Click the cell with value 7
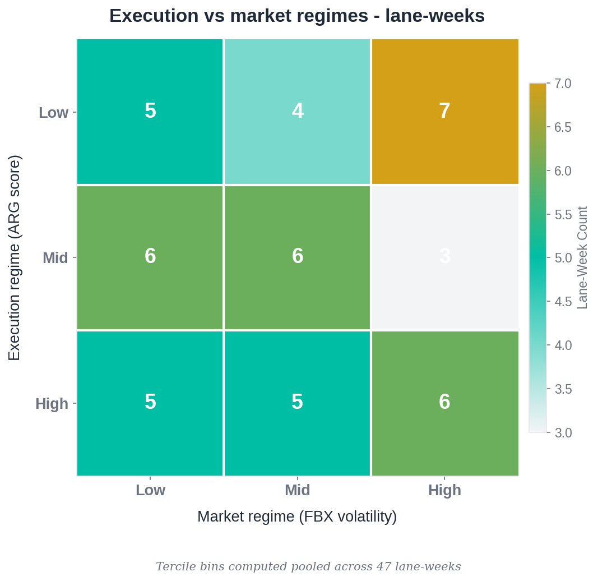(444, 111)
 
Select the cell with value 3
(444, 257)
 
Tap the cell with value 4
(297, 111)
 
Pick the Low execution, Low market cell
(150, 111)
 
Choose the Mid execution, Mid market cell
(297, 257)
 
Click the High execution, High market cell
(444, 403)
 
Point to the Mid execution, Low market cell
(150, 257)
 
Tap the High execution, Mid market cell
(297, 403)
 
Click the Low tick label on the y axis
(53, 113)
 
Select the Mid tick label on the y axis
(55, 258)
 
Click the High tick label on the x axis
(444, 490)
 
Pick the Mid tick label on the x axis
(297, 490)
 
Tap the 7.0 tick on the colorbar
(563, 84)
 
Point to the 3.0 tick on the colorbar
(563, 433)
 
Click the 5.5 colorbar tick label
(563, 215)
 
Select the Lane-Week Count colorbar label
(583, 258)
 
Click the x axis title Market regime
(297, 517)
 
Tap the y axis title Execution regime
(15, 258)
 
